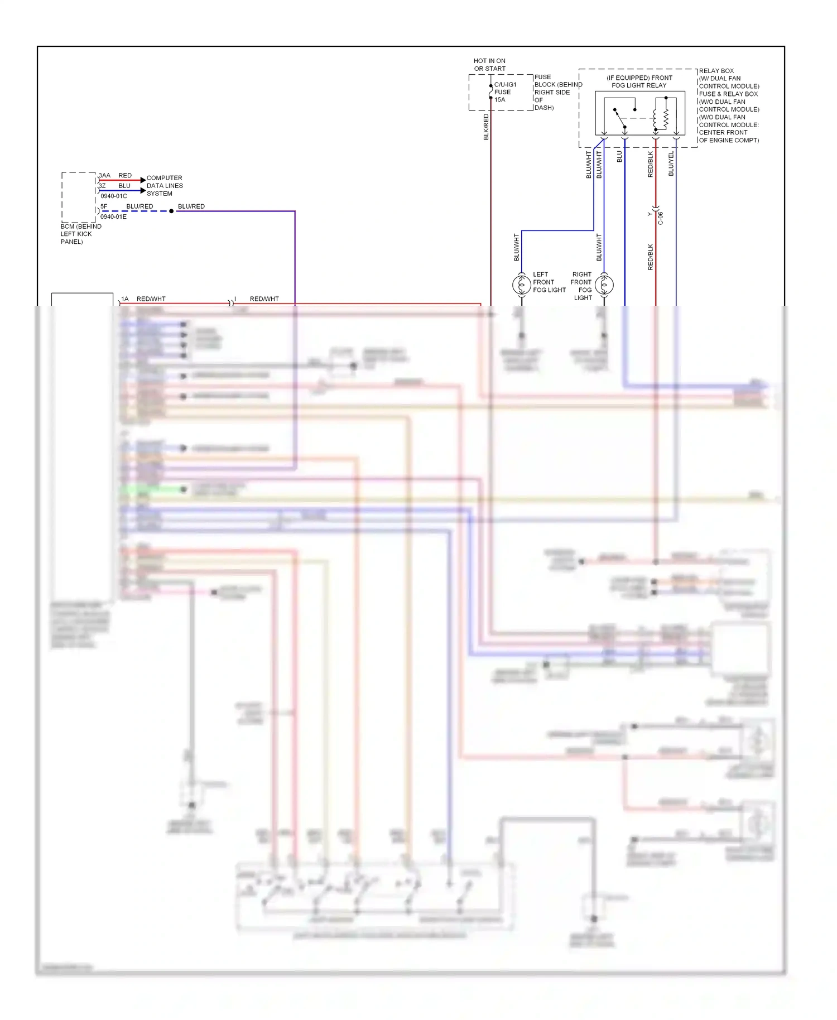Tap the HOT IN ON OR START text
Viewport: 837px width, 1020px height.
[x=489, y=65]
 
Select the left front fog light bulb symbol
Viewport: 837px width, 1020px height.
[x=521, y=285]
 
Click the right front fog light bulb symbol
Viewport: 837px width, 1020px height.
[x=604, y=285]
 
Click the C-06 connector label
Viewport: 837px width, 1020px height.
[x=661, y=218]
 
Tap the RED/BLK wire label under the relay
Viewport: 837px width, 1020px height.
[x=650, y=164]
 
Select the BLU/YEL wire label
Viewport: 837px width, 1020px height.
[x=671, y=163]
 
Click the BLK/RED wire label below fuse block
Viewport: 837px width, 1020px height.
[x=486, y=127]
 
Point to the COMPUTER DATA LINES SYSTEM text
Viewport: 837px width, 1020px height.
[x=164, y=186]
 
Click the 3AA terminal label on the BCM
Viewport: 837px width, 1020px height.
[x=104, y=175]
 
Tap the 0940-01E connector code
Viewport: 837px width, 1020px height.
[x=113, y=216]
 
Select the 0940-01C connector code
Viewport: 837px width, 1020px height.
[x=113, y=196]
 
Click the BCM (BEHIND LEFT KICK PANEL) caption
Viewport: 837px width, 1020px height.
[x=80, y=234]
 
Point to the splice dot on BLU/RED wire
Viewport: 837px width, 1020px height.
[x=171, y=211]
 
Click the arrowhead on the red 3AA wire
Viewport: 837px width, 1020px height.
[x=143, y=180]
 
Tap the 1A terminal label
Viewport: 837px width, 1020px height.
[x=124, y=299]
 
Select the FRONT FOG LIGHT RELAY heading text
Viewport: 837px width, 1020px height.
[x=639, y=81]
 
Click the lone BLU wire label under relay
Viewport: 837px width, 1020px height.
[x=619, y=157]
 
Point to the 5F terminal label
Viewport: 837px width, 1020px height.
[x=104, y=206]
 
